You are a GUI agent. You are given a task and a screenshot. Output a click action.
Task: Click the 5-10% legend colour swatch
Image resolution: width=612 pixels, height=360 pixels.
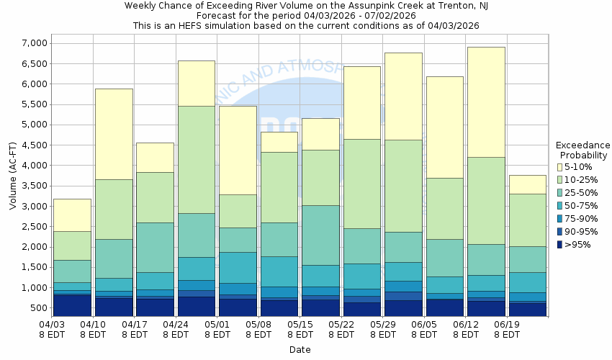[561, 167]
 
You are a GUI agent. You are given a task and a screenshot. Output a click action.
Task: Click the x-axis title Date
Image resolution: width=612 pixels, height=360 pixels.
[300, 349]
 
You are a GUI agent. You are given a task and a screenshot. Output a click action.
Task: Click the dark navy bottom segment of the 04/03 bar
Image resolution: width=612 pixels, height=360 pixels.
[72, 305]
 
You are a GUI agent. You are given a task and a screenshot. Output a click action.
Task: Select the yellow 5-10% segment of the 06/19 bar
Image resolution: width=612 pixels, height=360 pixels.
[527, 184]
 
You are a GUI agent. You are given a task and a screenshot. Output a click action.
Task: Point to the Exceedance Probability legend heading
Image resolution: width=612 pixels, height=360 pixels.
[582, 150]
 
